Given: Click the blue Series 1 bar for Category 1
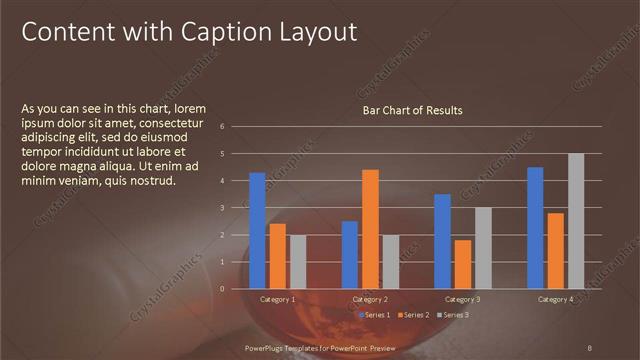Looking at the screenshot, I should pyautogui.click(x=257, y=231).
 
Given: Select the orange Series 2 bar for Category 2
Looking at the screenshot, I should pyautogui.click(x=370, y=229).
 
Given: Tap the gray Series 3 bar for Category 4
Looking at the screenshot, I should pyautogui.click(x=576, y=221).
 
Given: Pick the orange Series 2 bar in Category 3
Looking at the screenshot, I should pyautogui.click(x=462, y=264).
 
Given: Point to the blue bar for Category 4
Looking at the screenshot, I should pyautogui.click(x=535, y=228).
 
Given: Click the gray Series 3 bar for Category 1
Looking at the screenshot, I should pyautogui.click(x=298, y=262).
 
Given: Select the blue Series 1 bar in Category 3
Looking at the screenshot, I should pyautogui.click(x=442, y=241).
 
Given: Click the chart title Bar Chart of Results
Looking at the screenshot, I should pyautogui.click(x=412, y=110).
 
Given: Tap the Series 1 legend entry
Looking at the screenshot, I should pyautogui.click(x=375, y=315).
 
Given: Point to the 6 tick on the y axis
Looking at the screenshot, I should pyautogui.click(x=235, y=126).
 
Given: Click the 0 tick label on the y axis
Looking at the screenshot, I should pyautogui.click(x=235, y=289).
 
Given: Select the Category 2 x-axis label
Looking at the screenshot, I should pyautogui.click(x=370, y=299).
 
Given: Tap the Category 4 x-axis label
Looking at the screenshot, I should pyautogui.click(x=555, y=299).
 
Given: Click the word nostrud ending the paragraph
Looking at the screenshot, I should pyautogui.click(x=153, y=181).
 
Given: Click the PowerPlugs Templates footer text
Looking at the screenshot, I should pyautogui.click(x=320, y=346).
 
